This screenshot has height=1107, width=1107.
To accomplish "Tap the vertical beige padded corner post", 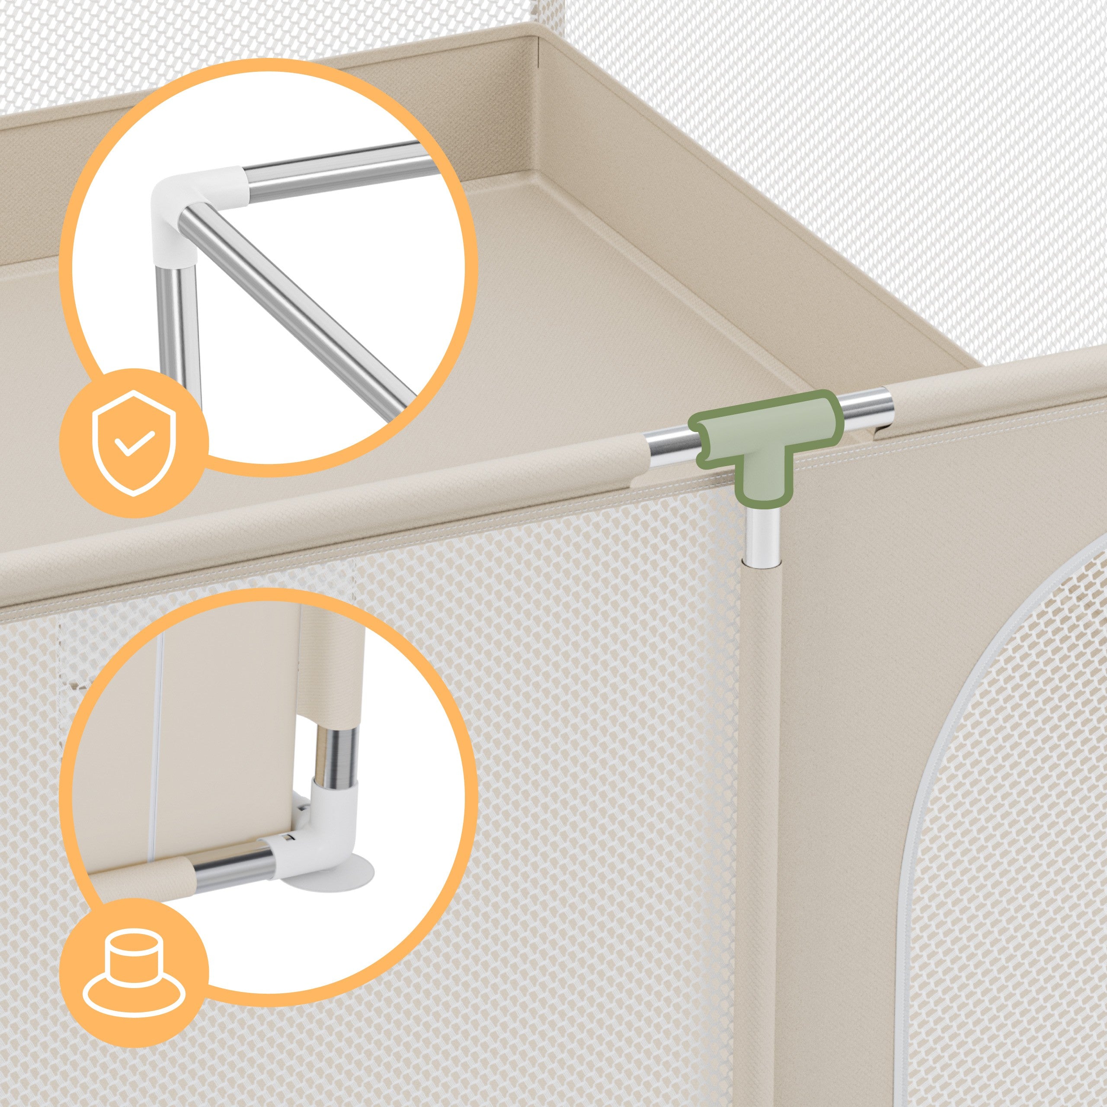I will point(762,802).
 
